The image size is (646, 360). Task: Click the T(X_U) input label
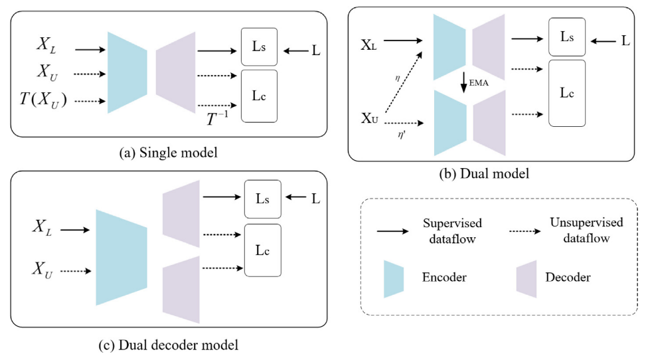43,101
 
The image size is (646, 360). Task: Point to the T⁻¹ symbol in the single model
218,118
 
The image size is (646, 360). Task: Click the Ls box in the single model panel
258,49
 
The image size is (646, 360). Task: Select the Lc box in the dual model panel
567,93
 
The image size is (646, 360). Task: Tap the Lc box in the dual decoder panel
263,250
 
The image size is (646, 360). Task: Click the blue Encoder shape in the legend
394,278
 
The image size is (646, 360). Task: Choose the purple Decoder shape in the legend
526,278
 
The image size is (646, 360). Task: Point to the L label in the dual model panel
624,41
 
